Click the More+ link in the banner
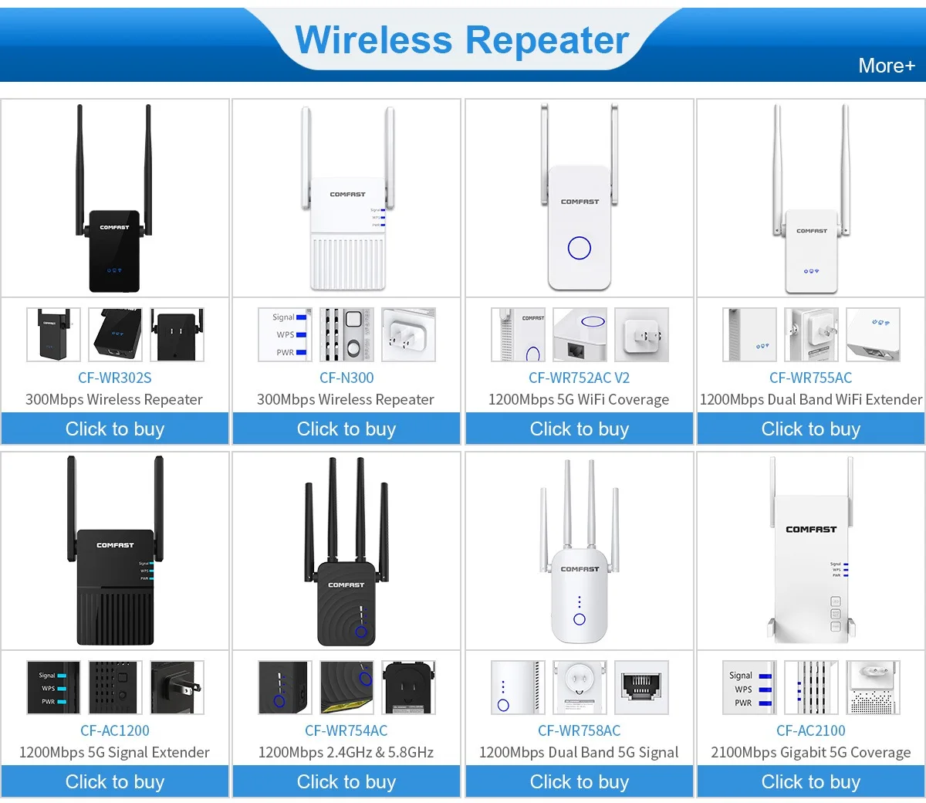tap(886, 66)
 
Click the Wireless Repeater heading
tap(461, 40)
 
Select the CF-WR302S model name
tap(115, 378)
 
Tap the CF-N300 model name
tap(346, 378)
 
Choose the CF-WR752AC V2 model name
tap(579, 378)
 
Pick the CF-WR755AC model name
tap(810, 378)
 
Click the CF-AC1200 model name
tap(115, 730)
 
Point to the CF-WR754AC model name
tap(346, 730)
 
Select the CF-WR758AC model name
tap(579, 730)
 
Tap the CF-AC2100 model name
tap(810, 730)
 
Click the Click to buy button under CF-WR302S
tap(115, 429)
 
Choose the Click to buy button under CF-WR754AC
tap(346, 782)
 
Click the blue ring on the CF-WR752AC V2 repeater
tap(579, 248)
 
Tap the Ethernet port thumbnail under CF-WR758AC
tap(641, 687)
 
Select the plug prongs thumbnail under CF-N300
tap(408, 334)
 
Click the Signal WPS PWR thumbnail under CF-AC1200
tap(53, 687)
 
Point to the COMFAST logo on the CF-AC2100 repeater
tap(810, 530)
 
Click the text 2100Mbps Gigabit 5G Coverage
tap(810, 752)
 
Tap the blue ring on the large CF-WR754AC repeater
tap(360, 632)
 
